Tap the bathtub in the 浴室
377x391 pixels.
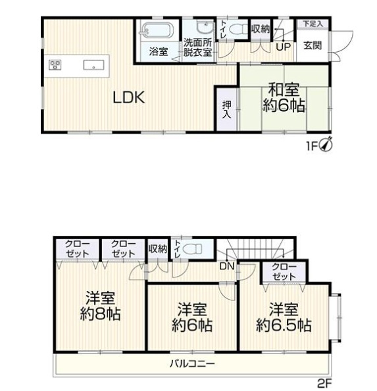click(157, 31)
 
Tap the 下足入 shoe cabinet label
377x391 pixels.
click(313, 24)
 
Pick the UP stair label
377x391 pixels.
click(284, 47)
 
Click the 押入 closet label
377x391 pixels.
click(226, 108)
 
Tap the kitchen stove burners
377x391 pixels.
click(55, 64)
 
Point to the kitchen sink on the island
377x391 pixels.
click(93, 64)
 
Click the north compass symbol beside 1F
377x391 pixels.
click(330, 144)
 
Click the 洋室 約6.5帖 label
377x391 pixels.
click(284, 317)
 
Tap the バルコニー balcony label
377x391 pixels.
click(192, 363)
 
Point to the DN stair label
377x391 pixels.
click(227, 266)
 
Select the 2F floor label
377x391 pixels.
click(324, 382)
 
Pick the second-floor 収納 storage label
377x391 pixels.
click(158, 248)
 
